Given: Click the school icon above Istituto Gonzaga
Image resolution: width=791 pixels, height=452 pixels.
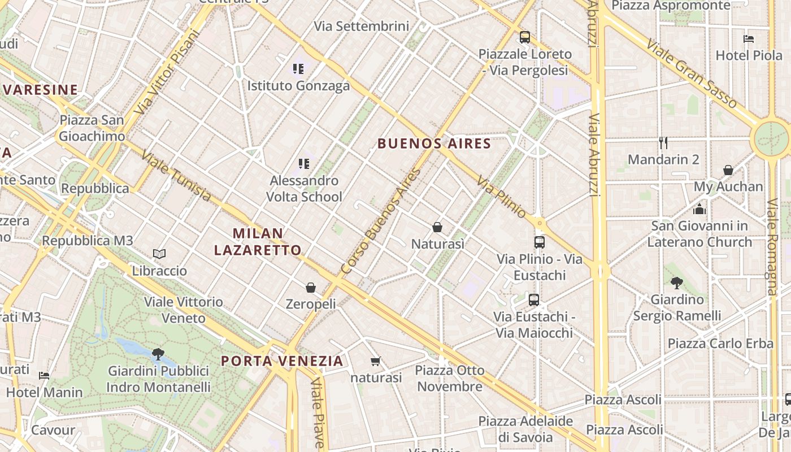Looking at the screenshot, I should (x=298, y=69).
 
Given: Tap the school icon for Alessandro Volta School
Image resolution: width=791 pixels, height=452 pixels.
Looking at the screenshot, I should (x=304, y=164).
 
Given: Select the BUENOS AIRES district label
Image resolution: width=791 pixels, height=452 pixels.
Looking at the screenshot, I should (x=434, y=144).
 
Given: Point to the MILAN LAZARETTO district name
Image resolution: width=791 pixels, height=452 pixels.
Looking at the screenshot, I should (x=258, y=241).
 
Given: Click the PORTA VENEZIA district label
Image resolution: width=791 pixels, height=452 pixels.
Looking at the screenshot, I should (x=282, y=360).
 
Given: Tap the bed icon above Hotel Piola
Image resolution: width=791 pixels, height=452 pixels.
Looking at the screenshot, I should (x=749, y=39).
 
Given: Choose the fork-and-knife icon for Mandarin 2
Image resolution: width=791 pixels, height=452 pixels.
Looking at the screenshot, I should (x=663, y=142).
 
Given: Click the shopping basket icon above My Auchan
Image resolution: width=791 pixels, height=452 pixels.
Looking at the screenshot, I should (x=728, y=169).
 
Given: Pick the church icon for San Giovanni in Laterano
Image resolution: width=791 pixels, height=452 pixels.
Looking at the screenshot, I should (x=699, y=209).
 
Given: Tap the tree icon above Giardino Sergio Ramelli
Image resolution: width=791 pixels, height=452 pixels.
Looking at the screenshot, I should (x=677, y=282).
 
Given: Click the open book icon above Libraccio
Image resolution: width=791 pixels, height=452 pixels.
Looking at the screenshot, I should (x=159, y=254).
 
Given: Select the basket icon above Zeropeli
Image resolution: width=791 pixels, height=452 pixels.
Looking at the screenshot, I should (x=310, y=287).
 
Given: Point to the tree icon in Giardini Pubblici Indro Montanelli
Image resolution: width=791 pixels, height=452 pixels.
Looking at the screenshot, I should (x=158, y=354).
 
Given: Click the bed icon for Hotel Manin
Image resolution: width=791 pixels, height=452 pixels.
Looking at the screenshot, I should (x=44, y=375).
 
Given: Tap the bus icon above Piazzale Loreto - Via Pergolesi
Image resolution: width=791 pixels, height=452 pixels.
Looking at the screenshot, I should (x=525, y=37).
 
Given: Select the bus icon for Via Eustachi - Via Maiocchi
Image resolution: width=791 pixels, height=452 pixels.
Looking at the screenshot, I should (x=534, y=299).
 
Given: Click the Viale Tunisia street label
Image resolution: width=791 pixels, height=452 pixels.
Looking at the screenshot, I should (x=176, y=176).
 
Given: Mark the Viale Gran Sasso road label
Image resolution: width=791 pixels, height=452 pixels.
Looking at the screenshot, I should (x=692, y=73).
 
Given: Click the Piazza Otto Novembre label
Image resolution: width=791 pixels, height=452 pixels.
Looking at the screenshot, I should (x=450, y=379).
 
